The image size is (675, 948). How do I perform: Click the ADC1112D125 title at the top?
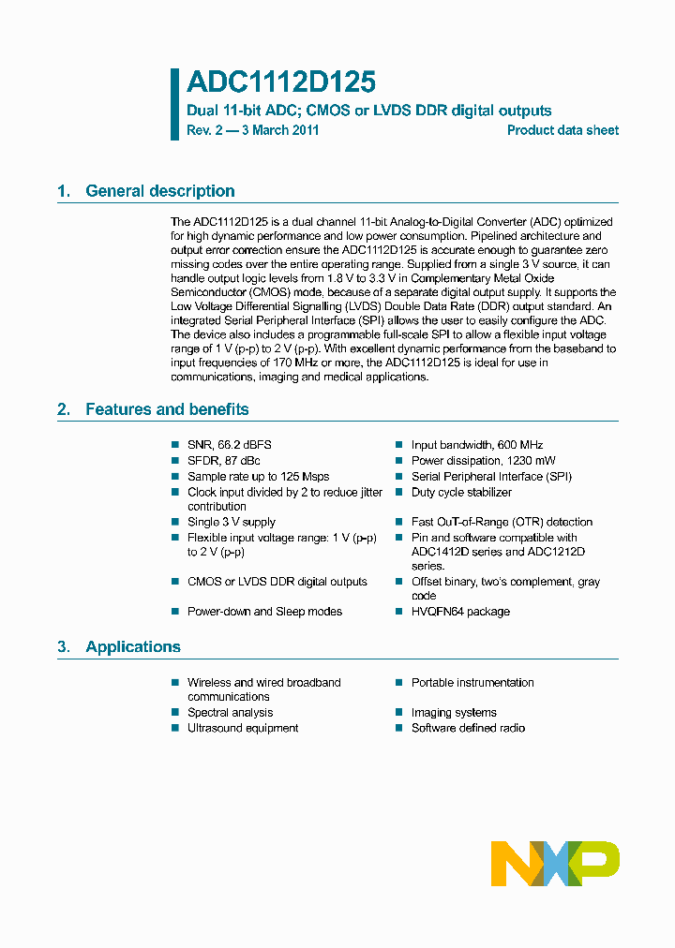pyautogui.click(x=280, y=83)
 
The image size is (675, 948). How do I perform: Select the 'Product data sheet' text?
pyautogui.click(x=562, y=131)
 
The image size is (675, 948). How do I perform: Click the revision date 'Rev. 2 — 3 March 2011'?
pyautogui.click(x=252, y=131)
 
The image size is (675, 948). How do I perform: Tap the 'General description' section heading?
pyautogui.click(x=159, y=191)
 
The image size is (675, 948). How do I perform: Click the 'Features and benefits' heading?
pyautogui.click(x=167, y=409)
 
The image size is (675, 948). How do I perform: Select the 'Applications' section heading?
pyautogui.click(x=132, y=647)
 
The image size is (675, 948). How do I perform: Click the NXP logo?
pyautogui.click(x=555, y=863)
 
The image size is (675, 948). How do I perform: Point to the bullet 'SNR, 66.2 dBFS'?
pyautogui.click(x=229, y=445)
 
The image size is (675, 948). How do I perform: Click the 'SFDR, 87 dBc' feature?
pyautogui.click(x=223, y=461)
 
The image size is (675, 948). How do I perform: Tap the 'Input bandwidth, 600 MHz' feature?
pyautogui.click(x=476, y=445)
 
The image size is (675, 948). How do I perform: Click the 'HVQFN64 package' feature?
pyautogui.click(x=460, y=612)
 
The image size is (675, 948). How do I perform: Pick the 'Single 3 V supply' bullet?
pyautogui.click(x=231, y=522)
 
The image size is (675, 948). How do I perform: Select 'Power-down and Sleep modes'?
pyautogui.click(x=264, y=612)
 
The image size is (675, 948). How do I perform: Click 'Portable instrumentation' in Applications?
pyautogui.click(x=472, y=683)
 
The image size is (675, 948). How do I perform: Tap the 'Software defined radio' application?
pyautogui.click(x=468, y=728)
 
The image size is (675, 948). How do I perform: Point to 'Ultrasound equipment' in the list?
pyautogui.click(x=243, y=728)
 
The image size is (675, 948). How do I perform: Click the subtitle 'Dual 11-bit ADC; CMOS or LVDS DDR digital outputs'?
pyautogui.click(x=369, y=111)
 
